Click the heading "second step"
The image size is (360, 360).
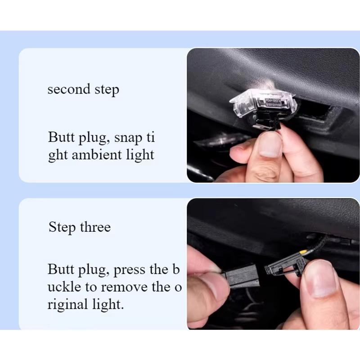83,89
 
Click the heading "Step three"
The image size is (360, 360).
79,227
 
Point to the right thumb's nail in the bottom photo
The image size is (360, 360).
320,279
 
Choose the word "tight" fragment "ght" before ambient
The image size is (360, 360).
58,155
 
